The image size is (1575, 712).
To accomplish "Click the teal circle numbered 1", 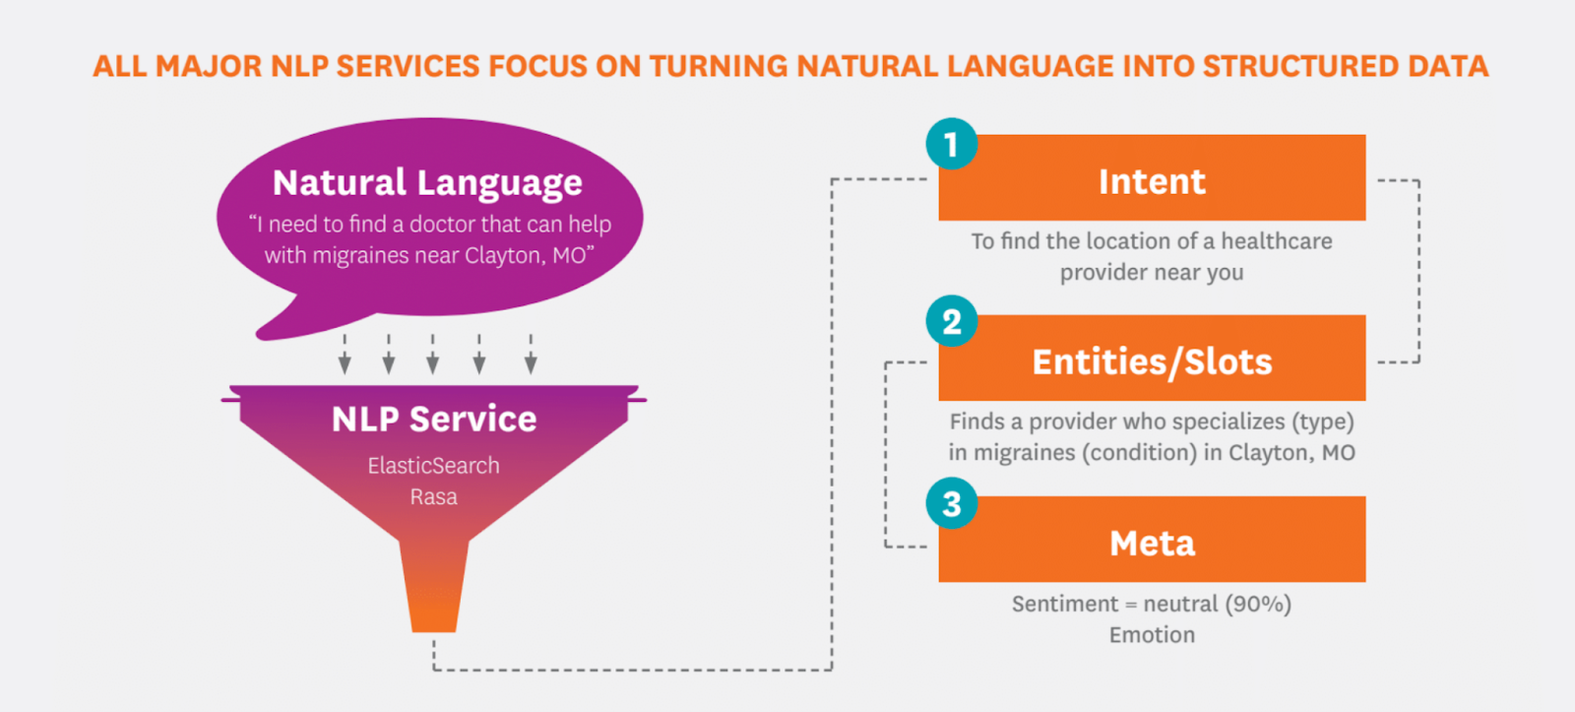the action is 951,144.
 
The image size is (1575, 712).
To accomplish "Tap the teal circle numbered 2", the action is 951,321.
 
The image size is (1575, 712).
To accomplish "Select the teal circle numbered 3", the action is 951,504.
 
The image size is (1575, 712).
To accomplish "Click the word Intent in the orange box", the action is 1152,181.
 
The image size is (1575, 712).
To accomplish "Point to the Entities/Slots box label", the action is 1152,361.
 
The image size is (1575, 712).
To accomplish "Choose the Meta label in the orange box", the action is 1152,544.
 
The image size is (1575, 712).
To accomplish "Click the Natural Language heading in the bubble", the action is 427,183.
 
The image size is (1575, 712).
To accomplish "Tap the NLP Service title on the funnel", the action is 434,419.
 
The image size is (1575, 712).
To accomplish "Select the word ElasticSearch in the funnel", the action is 434,465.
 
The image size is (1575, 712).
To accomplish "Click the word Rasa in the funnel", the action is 434,496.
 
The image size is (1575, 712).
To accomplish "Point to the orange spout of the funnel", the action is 434,586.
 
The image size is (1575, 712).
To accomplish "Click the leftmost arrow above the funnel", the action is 345,354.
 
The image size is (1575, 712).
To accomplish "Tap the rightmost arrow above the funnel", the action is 531,354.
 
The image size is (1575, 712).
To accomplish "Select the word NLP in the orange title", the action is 298,67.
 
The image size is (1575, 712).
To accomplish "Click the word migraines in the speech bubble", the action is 360,255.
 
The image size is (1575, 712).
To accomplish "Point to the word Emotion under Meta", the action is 1152,634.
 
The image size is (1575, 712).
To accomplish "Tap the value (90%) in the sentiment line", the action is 1258,605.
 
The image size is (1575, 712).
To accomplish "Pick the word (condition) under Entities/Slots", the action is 1139,452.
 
